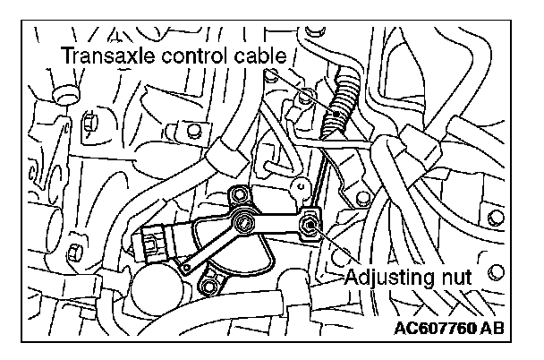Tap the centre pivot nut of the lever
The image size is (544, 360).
(x=242, y=222)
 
